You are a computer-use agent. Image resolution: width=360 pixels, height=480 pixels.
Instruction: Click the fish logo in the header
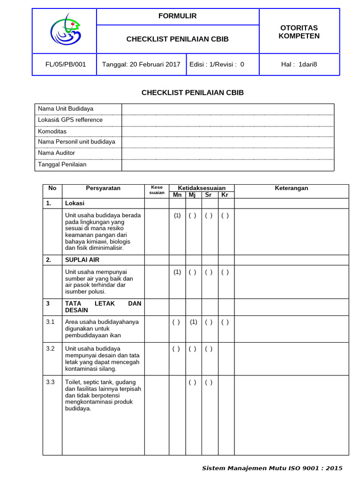point(65,30)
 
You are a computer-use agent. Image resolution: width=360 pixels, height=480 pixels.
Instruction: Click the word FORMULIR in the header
point(177,16)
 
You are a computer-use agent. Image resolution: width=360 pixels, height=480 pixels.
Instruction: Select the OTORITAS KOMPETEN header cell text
point(299,32)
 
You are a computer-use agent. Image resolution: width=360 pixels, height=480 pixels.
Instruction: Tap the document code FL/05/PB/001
point(65,65)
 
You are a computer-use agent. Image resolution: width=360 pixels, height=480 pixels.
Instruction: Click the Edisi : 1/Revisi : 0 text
point(217,65)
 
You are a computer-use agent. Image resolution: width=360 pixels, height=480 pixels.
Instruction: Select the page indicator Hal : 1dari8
point(299,65)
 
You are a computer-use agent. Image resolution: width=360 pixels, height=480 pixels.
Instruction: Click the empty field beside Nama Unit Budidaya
point(227,109)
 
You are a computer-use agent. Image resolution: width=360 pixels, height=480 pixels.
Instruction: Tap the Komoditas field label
point(52,131)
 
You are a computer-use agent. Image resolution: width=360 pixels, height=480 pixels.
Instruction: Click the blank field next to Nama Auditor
point(227,153)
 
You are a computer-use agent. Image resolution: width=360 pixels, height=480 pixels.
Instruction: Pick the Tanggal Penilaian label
point(62,165)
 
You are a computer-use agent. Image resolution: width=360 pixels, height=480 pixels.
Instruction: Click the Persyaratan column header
point(103,188)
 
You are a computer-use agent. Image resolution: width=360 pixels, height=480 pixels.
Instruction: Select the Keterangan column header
point(291,188)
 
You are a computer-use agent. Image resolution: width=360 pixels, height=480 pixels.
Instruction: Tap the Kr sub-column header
point(225,195)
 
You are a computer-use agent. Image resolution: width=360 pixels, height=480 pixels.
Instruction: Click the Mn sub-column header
point(177,195)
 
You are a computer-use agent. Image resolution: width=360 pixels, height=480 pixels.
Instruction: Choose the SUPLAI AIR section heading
point(82,260)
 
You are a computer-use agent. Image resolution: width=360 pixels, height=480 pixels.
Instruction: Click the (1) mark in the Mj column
point(193,322)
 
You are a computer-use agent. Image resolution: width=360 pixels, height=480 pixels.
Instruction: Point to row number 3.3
point(51,382)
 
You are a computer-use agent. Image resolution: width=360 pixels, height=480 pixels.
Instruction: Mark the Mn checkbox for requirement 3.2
point(176,349)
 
